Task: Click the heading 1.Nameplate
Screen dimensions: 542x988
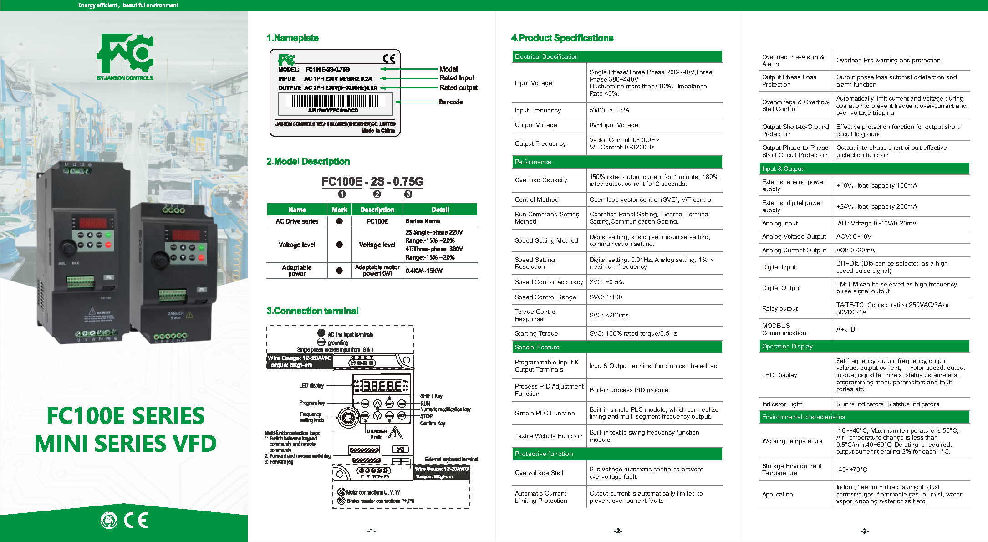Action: click(292, 38)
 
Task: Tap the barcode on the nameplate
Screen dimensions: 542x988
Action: click(335, 101)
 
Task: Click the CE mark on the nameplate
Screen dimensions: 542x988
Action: click(389, 58)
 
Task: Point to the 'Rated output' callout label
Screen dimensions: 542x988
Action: click(458, 87)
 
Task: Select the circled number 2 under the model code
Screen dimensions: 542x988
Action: click(377, 194)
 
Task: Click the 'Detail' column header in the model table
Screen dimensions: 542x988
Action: click(440, 210)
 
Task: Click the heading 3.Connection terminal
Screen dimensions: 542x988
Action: click(312, 311)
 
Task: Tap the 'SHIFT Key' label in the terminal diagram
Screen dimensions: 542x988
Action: click(431, 396)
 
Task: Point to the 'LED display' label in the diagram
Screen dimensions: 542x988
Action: click(311, 385)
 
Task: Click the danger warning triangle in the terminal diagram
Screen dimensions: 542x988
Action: click(395, 432)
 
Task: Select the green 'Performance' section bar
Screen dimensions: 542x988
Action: click(617, 162)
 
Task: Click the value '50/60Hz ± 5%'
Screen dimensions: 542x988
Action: click(609, 110)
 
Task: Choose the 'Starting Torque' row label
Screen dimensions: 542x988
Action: click(536, 333)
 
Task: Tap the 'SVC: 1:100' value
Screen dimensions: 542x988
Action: click(606, 297)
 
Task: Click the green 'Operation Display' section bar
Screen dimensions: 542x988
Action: click(864, 346)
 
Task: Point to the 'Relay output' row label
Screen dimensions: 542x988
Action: click(779, 308)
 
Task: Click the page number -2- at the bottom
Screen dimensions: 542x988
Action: click(618, 531)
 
